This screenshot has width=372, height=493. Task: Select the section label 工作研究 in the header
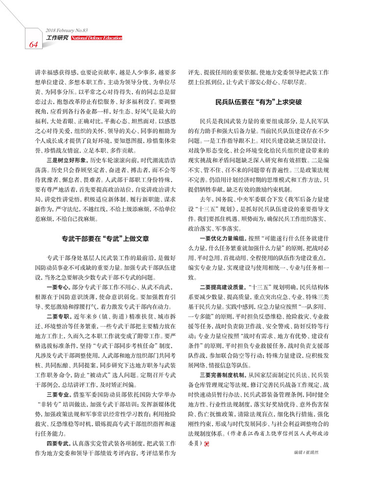tap(57, 37)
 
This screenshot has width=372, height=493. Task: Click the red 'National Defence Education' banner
tap(96, 37)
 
